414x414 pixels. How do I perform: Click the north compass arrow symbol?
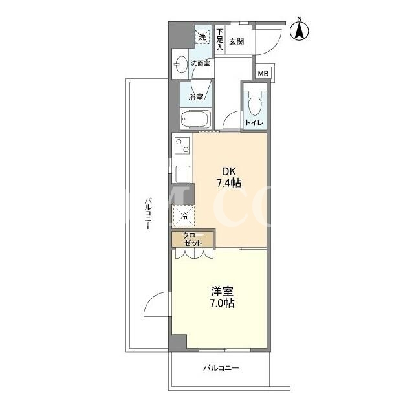(300, 30)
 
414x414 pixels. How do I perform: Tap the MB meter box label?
(263, 73)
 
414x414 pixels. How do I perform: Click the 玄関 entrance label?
(236, 41)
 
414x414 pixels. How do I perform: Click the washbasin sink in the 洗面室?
(180, 64)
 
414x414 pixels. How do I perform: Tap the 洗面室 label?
(201, 63)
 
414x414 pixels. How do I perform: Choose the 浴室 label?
(196, 97)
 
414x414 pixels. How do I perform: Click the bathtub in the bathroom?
(195, 119)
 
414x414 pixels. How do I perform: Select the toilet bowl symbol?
(255, 103)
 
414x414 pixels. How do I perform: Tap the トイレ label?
(254, 123)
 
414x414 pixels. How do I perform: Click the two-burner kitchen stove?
(182, 146)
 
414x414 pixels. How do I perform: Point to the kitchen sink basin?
(182, 173)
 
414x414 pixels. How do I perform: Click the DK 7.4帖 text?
(229, 177)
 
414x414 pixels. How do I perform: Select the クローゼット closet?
(193, 239)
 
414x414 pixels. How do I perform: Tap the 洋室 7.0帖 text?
(222, 297)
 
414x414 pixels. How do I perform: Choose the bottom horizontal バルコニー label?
(221, 368)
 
